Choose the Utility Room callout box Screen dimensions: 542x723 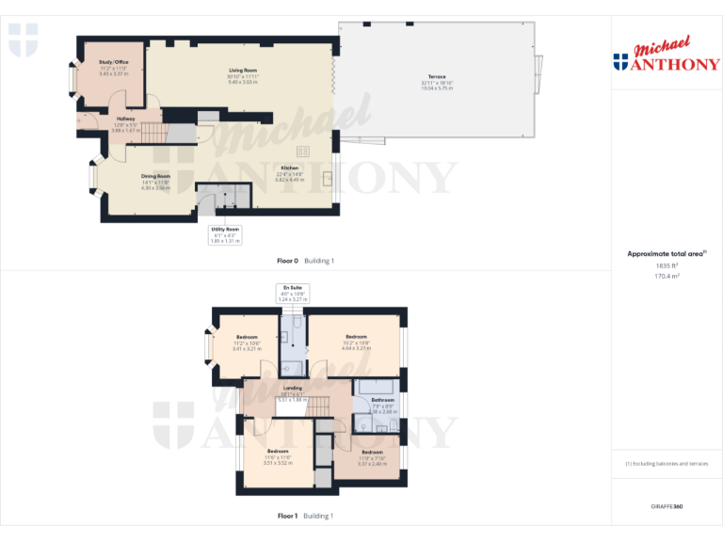click(225, 234)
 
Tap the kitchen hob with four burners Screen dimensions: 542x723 click(304, 151)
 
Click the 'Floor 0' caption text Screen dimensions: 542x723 click(287, 261)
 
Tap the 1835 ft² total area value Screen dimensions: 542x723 click(667, 266)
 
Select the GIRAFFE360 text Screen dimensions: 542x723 click(667, 507)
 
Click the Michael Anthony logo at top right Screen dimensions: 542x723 click(667, 56)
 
